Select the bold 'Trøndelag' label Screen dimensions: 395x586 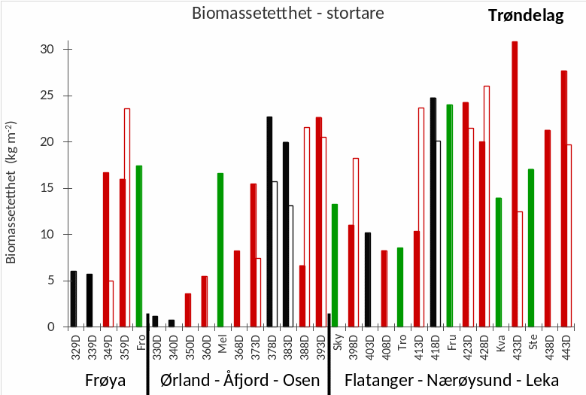coord(526,16)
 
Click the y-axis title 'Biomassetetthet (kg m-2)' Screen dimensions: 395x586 coord(11,192)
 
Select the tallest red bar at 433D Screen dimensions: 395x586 coord(515,184)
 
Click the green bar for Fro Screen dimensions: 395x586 coord(139,246)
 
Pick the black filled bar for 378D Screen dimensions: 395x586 coord(269,222)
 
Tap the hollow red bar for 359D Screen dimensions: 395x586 coord(127,218)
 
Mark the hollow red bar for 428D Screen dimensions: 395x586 coord(487,207)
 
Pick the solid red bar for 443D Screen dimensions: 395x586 coord(563,199)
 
